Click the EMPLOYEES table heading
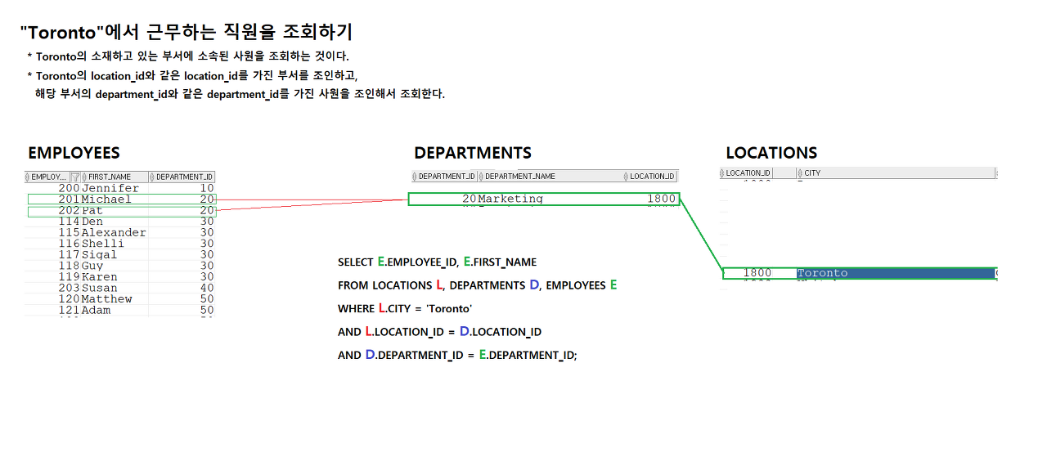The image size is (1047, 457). [74, 153]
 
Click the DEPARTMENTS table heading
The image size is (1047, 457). [473, 153]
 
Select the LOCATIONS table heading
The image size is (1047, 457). [771, 153]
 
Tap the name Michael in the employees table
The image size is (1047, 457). [106, 199]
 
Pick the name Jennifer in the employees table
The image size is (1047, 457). [110, 188]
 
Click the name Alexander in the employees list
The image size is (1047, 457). [114, 232]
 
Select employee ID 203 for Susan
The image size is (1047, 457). [69, 288]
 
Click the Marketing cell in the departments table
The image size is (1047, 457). [510, 199]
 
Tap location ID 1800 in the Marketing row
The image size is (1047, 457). [661, 199]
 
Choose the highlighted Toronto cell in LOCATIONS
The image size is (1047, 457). [822, 273]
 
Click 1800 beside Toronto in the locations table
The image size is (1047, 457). [757, 273]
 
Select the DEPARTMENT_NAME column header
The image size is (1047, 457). [520, 176]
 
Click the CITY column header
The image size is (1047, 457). [812, 172]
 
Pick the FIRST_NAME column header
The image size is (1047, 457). [110, 177]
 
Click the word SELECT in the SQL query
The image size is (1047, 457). [356, 262]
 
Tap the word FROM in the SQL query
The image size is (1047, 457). [353, 285]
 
